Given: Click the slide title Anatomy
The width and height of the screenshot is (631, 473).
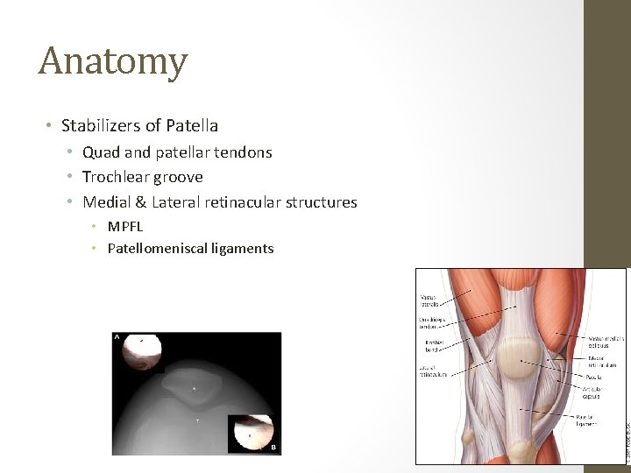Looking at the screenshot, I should (x=113, y=61).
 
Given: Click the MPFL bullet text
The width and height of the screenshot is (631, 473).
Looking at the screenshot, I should (x=125, y=227).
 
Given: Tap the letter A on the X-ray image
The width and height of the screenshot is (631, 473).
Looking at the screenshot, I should (x=117, y=336).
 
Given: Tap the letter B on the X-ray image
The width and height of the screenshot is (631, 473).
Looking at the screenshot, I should (x=273, y=447).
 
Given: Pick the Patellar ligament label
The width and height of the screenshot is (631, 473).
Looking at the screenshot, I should (x=587, y=420).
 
